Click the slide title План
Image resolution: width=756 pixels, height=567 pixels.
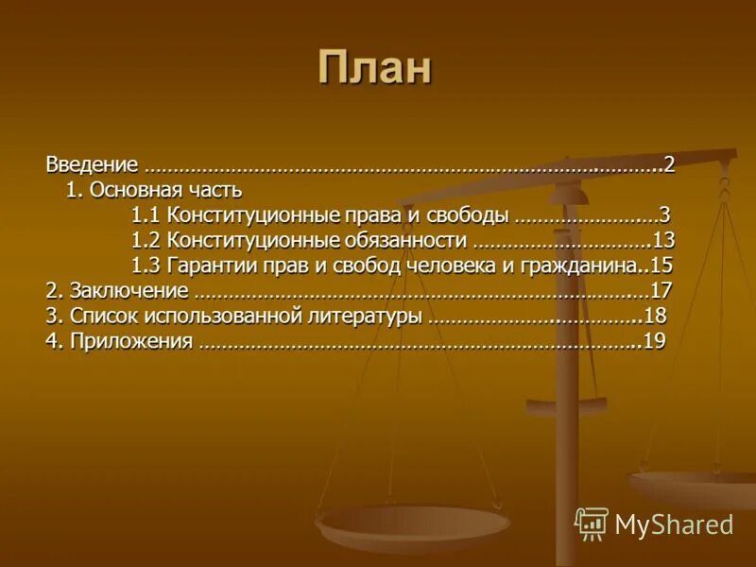[374, 68]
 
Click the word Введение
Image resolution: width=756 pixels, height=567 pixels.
[93, 164]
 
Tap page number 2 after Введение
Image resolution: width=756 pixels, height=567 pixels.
[668, 164]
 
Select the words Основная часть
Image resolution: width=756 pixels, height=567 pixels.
[167, 190]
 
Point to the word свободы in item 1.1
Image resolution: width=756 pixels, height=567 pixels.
[462, 215]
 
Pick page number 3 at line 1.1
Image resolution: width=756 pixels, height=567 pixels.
[664, 215]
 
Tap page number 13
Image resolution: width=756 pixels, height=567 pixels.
[663, 239]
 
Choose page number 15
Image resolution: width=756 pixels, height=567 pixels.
[661, 265]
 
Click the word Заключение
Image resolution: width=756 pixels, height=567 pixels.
[129, 290]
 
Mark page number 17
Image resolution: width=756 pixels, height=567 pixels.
[661, 290]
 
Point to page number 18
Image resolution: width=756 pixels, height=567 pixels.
[655, 316]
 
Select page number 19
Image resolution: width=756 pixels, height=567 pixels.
[655, 341]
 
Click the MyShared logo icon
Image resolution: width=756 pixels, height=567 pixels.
[592, 524]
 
